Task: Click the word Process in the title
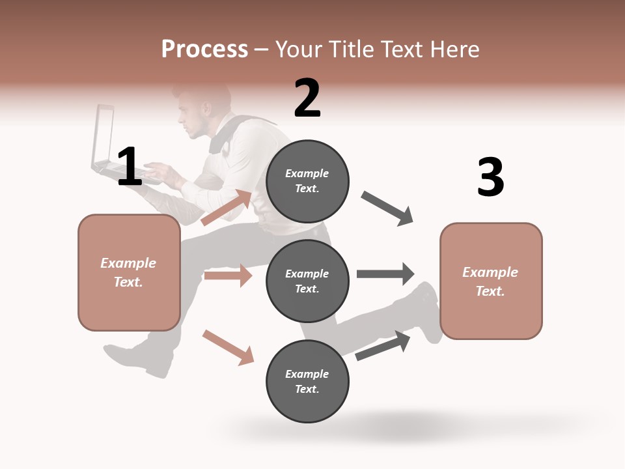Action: pyautogui.click(x=204, y=49)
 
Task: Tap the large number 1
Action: pyautogui.click(x=130, y=167)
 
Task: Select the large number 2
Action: pyautogui.click(x=307, y=98)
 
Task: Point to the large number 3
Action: pyautogui.click(x=490, y=177)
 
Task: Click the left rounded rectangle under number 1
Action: pyautogui.click(x=129, y=272)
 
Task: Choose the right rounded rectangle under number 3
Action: pyautogui.click(x=491, y=281)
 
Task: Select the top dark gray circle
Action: pyautogui.click(x=307, y=181)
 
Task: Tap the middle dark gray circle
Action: pyautogui.click(x=307, y=281)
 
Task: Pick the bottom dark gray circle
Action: pyautogui.click(x=307, y=381)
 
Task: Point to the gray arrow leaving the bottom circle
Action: pyautogui.click(x=383, y=346)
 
